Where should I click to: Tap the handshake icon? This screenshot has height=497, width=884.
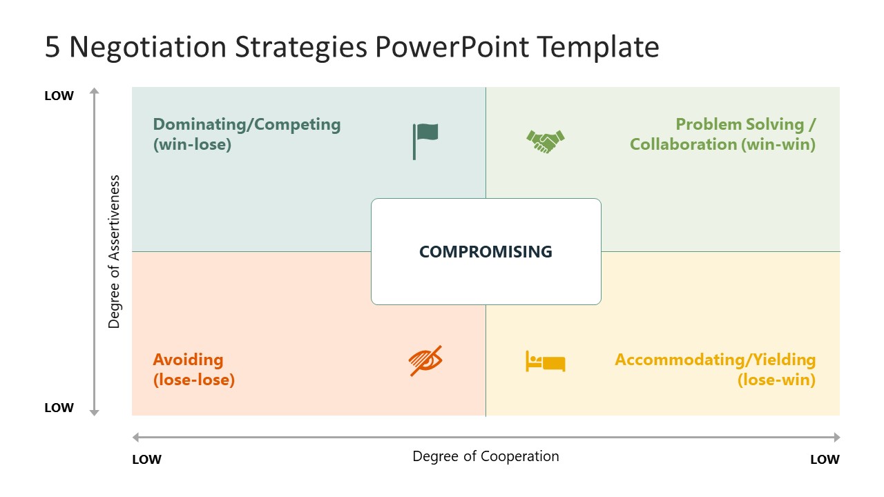coord(546,141)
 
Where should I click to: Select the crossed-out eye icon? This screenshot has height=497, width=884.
coord(425,360)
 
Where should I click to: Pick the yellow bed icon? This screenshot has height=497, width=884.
coord(546,361)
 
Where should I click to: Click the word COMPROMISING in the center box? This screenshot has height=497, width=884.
coord(486,252)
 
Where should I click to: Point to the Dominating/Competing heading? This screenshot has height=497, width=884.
coord(247,125)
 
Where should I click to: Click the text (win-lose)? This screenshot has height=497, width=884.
coord(192,145)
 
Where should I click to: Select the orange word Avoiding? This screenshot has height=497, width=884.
coord(188,360)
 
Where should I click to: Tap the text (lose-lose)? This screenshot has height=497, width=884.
coord(193,380)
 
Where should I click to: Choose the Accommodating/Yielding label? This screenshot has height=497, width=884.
coord(715,360)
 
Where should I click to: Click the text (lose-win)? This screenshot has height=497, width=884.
coord(776,380)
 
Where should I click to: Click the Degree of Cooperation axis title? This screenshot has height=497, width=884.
coord(486,456)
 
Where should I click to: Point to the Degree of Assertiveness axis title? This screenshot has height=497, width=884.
coord(115,251)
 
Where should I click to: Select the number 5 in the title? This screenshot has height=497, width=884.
coord(52,48)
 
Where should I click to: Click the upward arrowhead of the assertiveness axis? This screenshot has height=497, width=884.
coord(95,90)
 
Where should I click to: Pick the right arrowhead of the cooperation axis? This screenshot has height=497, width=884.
coord(836,437)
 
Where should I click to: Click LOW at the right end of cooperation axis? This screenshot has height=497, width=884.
coord(825,460)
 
